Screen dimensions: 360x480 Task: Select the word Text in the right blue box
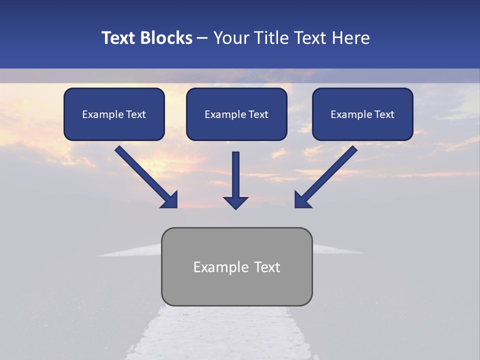pyautogui.click(x=384, y=114)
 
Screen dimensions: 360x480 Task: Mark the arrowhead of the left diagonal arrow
pyautogui.click(x=169, y=199)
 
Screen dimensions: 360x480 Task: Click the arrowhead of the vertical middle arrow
pyautogui.click(x=235, y=202)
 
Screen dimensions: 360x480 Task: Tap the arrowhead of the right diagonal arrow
pyautogui.click(x=303, y=199)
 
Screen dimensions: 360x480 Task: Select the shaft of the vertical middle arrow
pyautogui.click(x=235, y=172)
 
